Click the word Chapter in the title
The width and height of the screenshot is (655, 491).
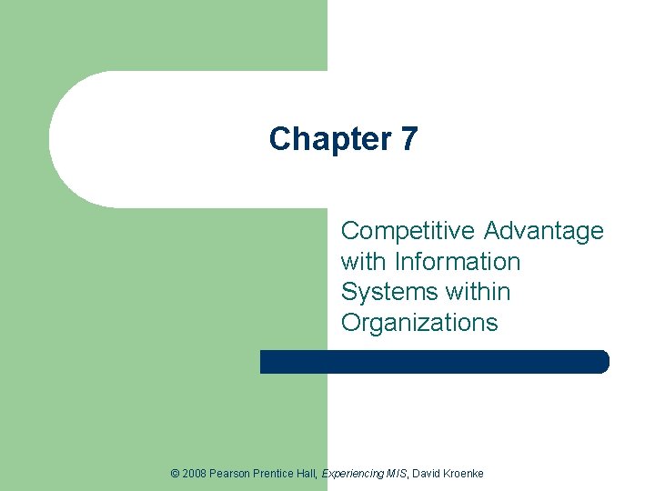coord(324,139)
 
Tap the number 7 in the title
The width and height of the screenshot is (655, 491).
coord(408,139)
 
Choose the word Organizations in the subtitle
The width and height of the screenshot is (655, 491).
coord(419,323)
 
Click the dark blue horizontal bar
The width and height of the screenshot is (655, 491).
coord(434,362)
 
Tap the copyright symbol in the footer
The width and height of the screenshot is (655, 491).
coord(175,474)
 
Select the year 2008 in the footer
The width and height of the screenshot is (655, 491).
coord(194,474)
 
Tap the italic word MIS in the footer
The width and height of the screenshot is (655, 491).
coord(398,474)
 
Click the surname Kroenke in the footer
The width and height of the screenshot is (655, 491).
coord(465,474)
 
